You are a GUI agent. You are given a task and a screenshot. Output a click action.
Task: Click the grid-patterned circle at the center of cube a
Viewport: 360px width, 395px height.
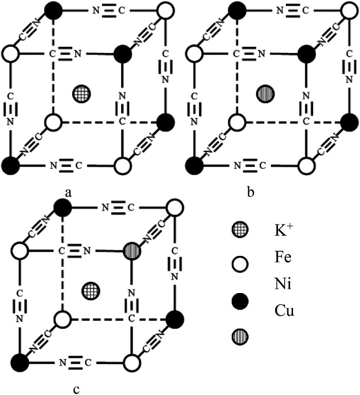tap(80, 93)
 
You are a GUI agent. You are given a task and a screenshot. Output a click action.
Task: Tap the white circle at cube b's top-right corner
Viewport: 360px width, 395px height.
tap(349, 10)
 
